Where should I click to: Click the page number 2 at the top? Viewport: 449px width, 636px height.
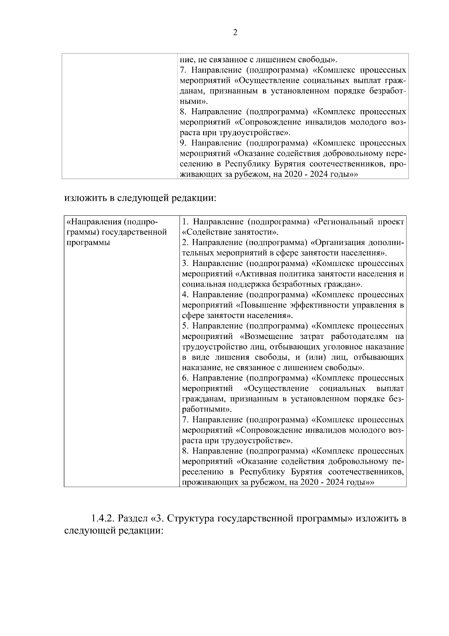(235, 33)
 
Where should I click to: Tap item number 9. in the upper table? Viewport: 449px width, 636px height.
(183, 143)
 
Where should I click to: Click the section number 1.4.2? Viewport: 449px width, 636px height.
(102, 519)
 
